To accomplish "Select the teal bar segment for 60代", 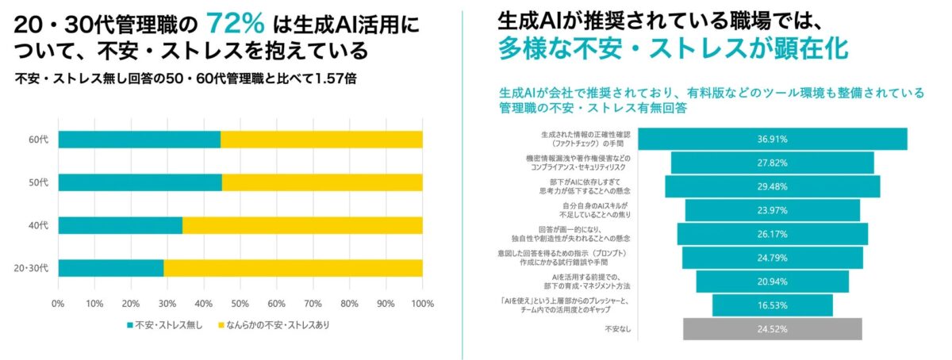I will (139, 140).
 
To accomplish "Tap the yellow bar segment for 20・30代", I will (293, 267).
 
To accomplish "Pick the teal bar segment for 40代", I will (120, 225).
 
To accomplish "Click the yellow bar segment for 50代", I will (322, 182).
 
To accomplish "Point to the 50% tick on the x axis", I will (240, 303).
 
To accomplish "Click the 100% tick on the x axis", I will (422, 303).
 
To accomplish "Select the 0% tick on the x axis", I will (58, 303).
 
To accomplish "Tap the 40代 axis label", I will (38, 225).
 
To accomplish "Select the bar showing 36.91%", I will (773, 139).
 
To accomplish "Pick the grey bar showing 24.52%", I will (772, 328).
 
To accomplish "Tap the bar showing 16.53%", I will (772, 305).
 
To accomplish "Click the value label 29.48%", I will (772, 186).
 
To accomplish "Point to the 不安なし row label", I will (618, 328).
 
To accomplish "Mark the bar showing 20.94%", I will (772, 281).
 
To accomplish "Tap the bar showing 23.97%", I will (772, 210).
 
